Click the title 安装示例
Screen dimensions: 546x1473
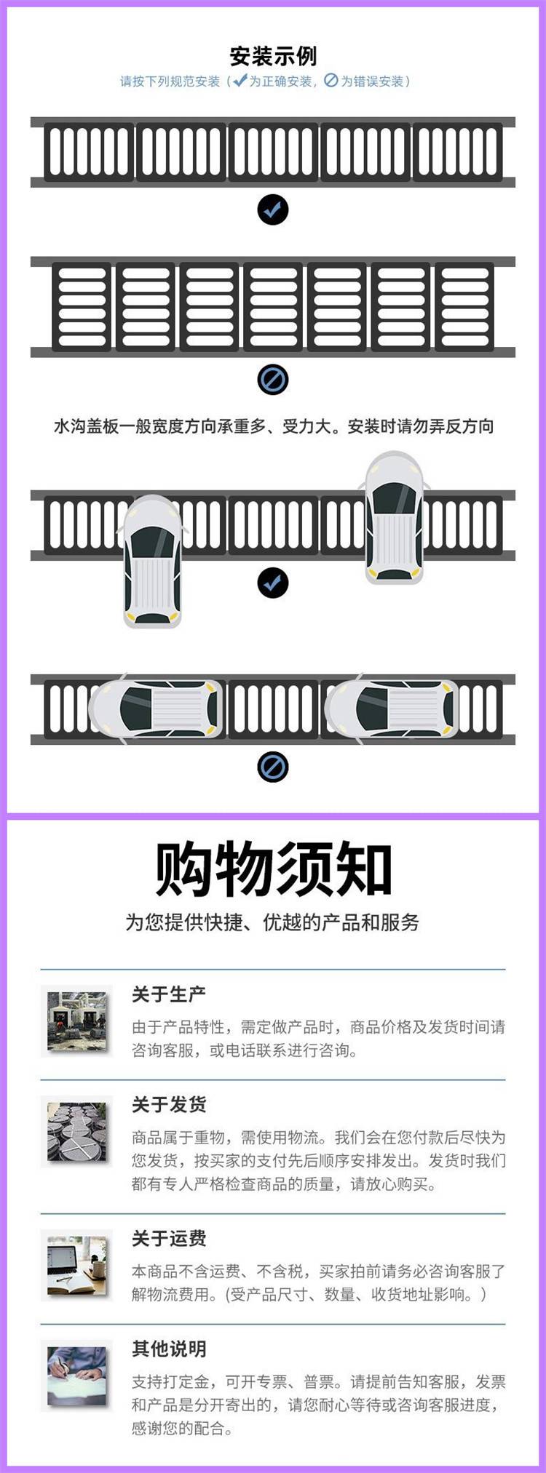click(273, 56)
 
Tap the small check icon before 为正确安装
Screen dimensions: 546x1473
click(240, 80)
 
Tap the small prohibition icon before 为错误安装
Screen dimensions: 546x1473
click(331, 81)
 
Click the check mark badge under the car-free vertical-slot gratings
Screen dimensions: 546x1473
click(273, 210)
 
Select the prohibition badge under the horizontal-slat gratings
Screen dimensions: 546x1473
click(273, 380)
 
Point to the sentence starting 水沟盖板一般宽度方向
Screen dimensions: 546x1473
click(274, 426)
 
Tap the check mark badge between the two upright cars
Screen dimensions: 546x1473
click(273, 583)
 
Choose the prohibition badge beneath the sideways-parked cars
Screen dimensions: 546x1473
click(273, 767)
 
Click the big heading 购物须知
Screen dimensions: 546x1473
click(273, 870)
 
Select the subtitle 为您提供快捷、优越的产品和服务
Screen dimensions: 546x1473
click(273, 922)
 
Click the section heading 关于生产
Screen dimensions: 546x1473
click(169, 994)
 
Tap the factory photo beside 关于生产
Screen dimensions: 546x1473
click(77, 1021)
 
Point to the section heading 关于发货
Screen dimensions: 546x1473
click(169, 1104)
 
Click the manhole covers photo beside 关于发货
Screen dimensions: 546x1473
click(77, 1132)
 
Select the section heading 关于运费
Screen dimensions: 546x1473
click(169, 1238)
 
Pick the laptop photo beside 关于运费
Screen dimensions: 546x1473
click(77, 1266)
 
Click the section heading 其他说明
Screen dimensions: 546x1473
click(169, 1349)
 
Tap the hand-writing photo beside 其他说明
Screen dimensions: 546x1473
click(77, 1376)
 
